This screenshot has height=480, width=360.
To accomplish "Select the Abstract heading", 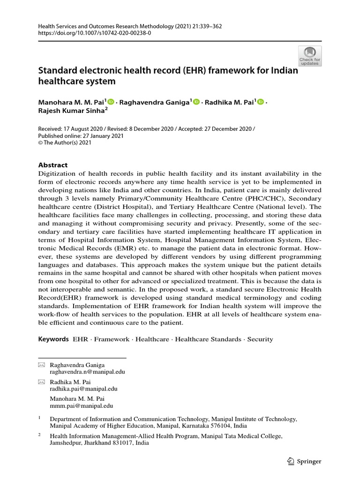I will [52, 165].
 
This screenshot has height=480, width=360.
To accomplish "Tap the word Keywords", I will [53, 339].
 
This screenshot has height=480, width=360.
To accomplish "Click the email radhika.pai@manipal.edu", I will [83, 389].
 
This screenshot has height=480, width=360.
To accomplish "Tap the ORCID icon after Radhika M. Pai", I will [261, 102].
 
